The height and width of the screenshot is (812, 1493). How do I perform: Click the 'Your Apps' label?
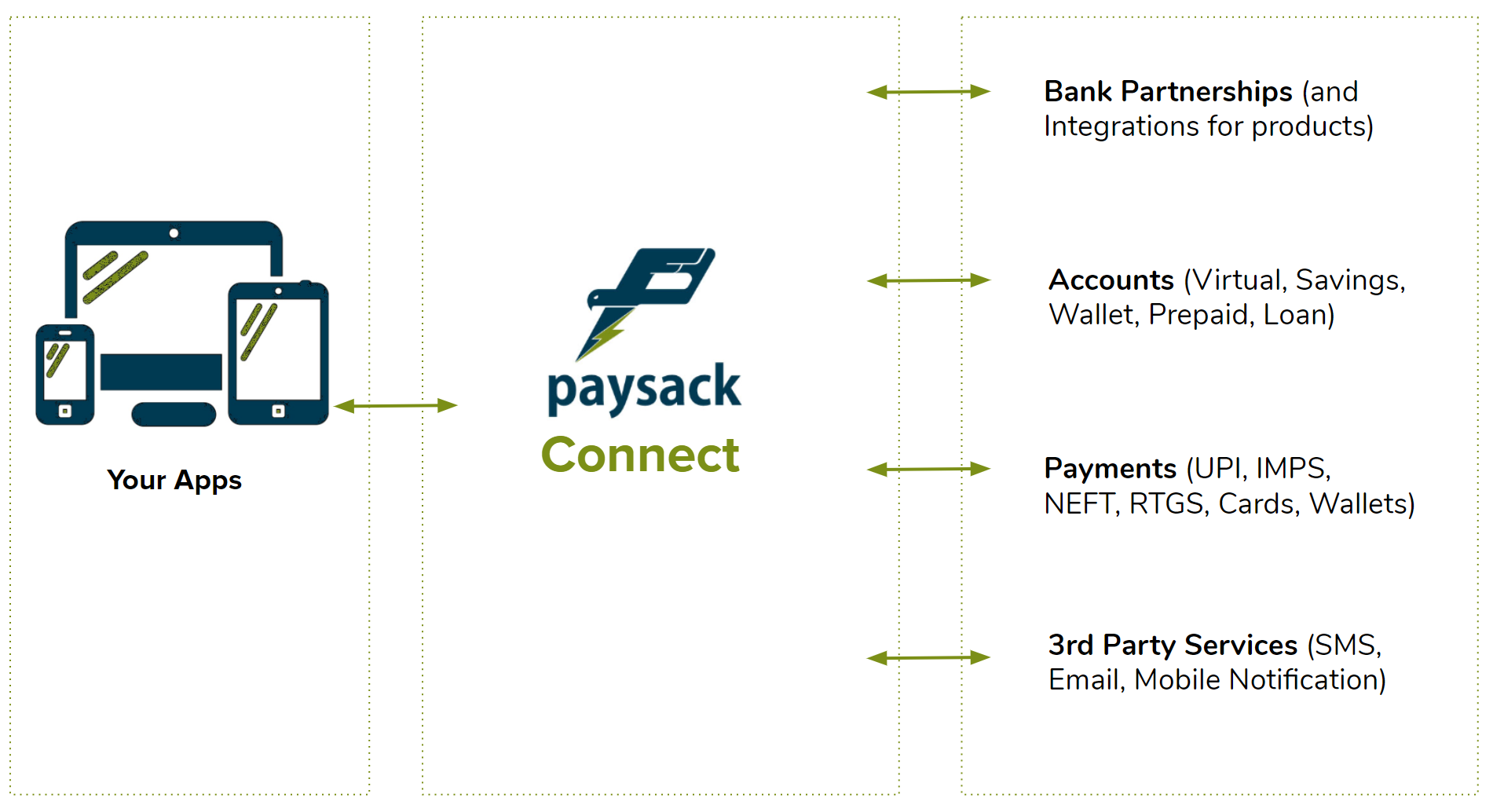point(174,480)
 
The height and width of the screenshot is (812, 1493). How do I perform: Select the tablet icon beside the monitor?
point(278,353)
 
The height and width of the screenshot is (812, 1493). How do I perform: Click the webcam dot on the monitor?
point(174,233)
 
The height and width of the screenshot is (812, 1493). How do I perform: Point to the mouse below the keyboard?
point(174,414)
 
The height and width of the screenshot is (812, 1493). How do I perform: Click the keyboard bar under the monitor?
point(161,372)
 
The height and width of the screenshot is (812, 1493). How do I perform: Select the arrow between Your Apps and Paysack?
point(395,405)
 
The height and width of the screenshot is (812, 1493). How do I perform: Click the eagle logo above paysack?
point(648,298)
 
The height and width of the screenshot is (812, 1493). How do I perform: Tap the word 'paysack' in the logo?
point(644,389)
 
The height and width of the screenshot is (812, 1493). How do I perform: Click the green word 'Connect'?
point(640,455)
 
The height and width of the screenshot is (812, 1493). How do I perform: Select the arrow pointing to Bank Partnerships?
point(928,92)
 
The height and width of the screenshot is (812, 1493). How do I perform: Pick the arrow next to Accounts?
point(928,280)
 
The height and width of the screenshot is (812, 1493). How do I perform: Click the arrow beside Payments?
point(928,469)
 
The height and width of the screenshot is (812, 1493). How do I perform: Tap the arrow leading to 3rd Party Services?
point(928,657)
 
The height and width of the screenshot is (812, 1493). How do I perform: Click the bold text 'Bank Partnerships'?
point(1168,92)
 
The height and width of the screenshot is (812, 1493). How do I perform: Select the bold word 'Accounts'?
point(1111,280)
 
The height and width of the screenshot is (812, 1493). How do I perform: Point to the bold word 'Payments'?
point(1110,469)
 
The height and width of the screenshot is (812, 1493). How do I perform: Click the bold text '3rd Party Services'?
point(1173,645)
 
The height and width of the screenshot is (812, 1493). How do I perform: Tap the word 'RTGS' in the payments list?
point(1166,503)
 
